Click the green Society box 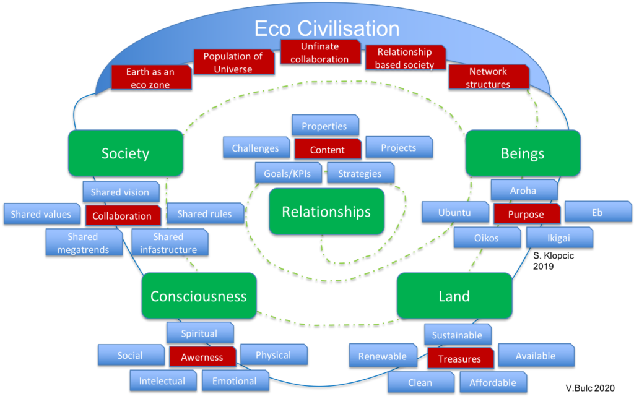coord(125,153)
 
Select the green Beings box coord(523,153)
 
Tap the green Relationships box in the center coord(326,212)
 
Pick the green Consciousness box coord(199,296)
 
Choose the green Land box coord(454,296)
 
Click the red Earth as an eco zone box coord(151,77)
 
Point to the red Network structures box coord(489,77)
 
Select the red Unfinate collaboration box coord(320,52)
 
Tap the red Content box coord(328,150)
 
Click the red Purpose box coord(526,213)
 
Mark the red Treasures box coord(460,358)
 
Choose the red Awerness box coord(202,356)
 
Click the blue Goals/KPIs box coord(289,173)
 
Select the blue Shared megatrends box coord(84,242)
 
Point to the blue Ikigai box coord(559,238)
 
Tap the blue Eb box coord(597,212)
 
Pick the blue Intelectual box coord(163,380)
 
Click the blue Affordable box coord(493,382)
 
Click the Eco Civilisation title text coord(327,28)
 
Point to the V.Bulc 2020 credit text coord(590,388)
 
